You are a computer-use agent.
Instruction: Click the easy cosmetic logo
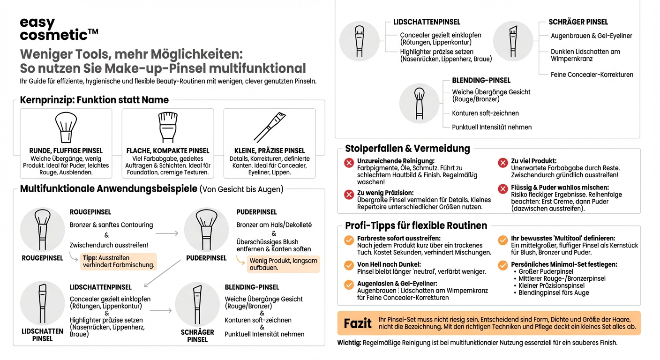59,29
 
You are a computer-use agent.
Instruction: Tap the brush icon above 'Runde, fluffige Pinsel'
66,127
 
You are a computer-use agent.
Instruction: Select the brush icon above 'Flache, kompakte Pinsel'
168,127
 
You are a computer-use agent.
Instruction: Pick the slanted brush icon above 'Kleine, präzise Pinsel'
270,127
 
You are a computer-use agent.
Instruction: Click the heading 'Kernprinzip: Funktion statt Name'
94,100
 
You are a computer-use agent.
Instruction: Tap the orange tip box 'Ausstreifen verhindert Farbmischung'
118,262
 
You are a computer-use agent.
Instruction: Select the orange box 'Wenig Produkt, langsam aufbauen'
283,264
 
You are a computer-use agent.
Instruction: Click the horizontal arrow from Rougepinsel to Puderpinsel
166,233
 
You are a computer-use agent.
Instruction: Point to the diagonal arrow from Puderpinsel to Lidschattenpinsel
163,273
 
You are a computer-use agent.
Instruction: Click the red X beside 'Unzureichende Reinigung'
349,163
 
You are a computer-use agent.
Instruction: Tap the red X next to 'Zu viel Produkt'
503,163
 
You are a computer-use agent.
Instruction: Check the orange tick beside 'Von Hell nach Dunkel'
349,265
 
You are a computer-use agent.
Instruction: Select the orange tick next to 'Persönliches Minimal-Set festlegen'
503,265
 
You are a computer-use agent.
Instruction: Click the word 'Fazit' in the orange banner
358,323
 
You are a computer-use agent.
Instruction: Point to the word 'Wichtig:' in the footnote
349,343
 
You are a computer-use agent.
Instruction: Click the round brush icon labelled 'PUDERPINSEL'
206,230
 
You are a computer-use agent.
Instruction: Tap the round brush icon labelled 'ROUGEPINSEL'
42,230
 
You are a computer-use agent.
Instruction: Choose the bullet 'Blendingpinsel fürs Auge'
554,292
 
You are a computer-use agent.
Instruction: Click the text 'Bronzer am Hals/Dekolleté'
274,225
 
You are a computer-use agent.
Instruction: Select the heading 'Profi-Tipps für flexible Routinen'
416,225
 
